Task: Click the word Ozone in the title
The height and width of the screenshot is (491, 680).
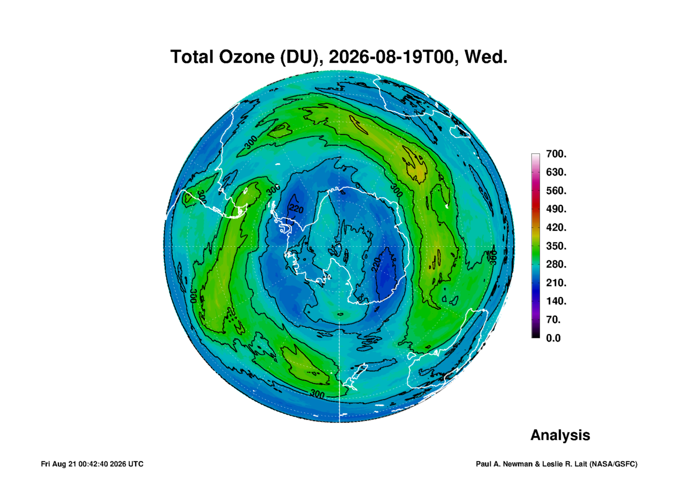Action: point(247,57)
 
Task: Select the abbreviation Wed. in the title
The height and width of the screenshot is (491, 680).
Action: point(486,57)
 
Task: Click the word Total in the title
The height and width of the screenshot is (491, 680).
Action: point(192,57)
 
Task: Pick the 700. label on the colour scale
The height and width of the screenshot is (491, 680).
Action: point(556,154)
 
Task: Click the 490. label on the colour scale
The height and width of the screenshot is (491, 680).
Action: point(556,209)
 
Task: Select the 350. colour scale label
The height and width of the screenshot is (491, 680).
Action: point(556,246)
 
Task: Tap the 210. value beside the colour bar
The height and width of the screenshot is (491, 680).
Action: point(556,282)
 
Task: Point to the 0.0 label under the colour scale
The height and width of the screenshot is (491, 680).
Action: point(553,338)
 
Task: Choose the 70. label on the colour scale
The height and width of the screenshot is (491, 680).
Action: point(553,320)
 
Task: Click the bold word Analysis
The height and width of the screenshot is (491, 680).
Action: point(560,435)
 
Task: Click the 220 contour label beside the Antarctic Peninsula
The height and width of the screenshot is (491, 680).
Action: point(296,209)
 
